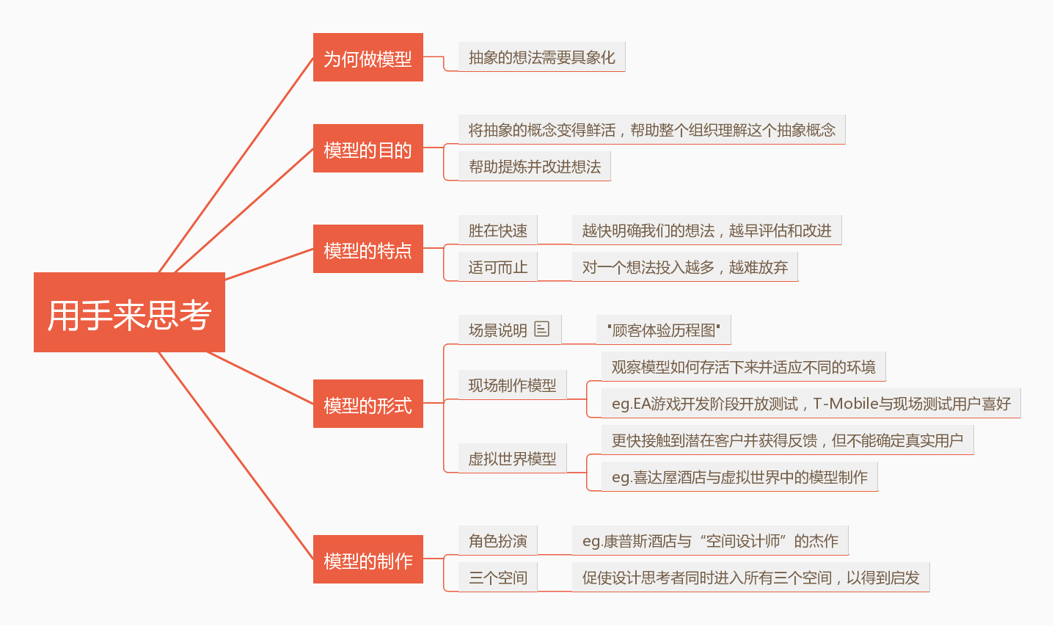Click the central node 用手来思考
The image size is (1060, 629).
pyautogui.click(x=129, y=313)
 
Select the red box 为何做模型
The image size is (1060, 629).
pyautogui.click(x=368, y=58)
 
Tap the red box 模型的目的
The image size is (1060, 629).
pyautogui.click(x=368, y=149)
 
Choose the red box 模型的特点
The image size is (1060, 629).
pyautogui.click(x=368, y=250)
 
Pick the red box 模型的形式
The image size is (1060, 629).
pyautogui.click(x=368, y=404)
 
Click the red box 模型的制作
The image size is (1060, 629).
pyautogui.click(x=368, y=560)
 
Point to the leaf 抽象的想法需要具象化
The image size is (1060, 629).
pyautogui.click(x=541, y=57)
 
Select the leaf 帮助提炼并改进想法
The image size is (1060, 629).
pyautogui.click(x=534, y=167)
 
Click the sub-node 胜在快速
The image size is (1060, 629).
pyautogui.click(x=497, y=230)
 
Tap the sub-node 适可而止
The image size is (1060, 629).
pyautogui.click(x=497, y=267)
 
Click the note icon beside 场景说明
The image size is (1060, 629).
pyautogui.click(x=542, y=329)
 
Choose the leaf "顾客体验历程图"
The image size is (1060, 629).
pyautogui.click(x=663, y=330)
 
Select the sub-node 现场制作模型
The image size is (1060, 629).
pyautogui.click(x=512, y=385)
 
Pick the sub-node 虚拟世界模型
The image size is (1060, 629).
pyautogui.click(x=512, y=459)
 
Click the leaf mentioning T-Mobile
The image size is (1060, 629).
pyautogui.click(x=811, y=404)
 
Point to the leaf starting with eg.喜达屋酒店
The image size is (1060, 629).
pyautogui.click(x=739, y=477)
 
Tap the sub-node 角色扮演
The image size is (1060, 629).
pyautogui.click(x=497, y=541)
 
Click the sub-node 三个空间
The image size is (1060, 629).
pyautogui.click(x=497, y=578)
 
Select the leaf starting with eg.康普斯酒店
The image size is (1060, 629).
pyautogui.click(x=709, y=541)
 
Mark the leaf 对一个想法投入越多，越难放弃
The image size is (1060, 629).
pyautogui.click(x=684, y=267)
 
